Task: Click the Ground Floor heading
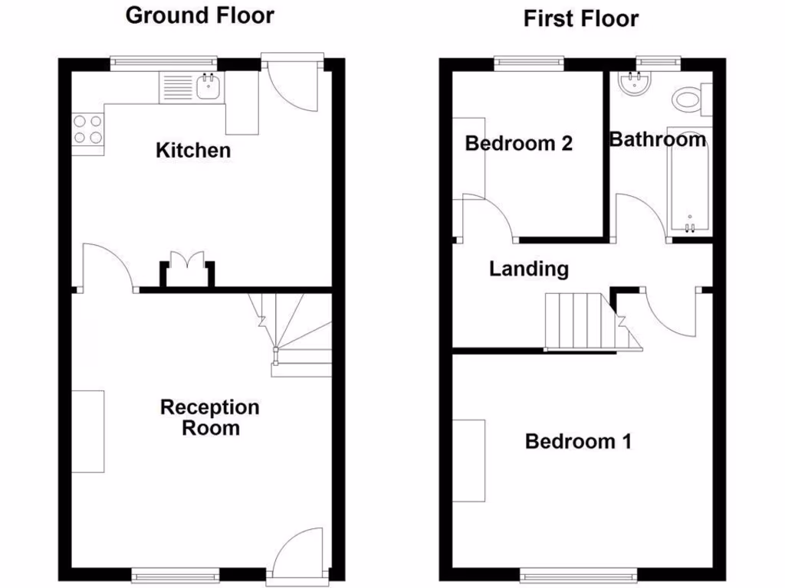coord(199,15)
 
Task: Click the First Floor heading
coord(581,18)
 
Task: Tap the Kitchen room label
coord(193,150)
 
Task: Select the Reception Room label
coord(210,417)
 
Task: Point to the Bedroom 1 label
coord(578,442)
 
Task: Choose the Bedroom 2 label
coord(519,143)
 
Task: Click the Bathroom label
coord(657,139)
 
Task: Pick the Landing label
coord(529,269)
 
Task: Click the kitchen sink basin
coord(209,88)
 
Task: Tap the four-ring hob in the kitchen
coord(87,129)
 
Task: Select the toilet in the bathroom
coord(689,98)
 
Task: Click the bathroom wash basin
coord(636,83)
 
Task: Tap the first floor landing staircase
coord(583,320)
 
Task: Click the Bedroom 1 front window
coord(578,573)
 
